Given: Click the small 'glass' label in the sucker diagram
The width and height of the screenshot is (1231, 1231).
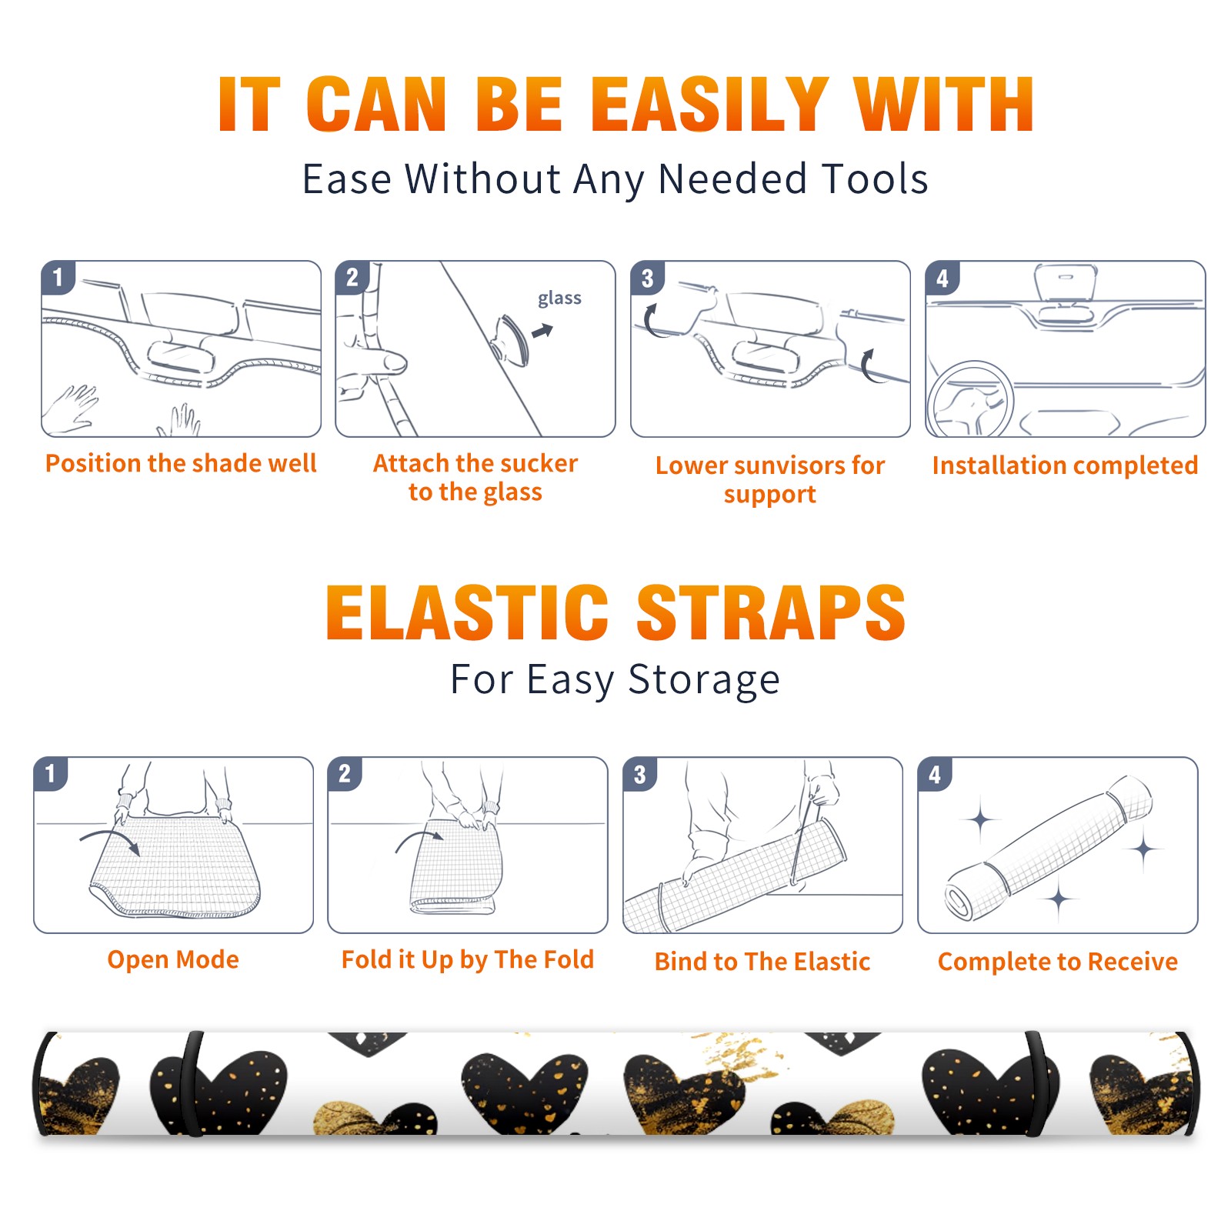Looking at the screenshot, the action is [x=559, y=299].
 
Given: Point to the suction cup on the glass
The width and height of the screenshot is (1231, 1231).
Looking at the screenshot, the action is [x=511, y=339].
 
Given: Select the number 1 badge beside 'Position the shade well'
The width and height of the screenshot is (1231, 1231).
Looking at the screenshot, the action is [x=58, y=277].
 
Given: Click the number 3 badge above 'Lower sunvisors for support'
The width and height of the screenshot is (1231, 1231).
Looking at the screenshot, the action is [x=647, y=277].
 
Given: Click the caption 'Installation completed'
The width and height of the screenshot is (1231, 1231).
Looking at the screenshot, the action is [x=1065, y=465].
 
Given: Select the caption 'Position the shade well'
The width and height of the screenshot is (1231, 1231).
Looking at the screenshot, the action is [x=181, y=463].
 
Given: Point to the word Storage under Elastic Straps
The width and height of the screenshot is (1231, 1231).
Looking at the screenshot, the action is [x=704, y=680].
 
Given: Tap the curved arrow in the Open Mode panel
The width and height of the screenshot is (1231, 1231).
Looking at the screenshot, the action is [x=110, y=841].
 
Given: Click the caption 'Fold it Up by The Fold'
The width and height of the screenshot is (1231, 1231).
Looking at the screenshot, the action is [x=468, y=960].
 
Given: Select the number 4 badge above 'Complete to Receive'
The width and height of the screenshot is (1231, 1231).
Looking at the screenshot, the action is [x=935, y=774].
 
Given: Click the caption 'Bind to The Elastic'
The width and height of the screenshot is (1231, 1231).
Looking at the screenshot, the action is [x=762, y=962].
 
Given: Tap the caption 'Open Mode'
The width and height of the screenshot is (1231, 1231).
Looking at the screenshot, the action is [x=173, y=960].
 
